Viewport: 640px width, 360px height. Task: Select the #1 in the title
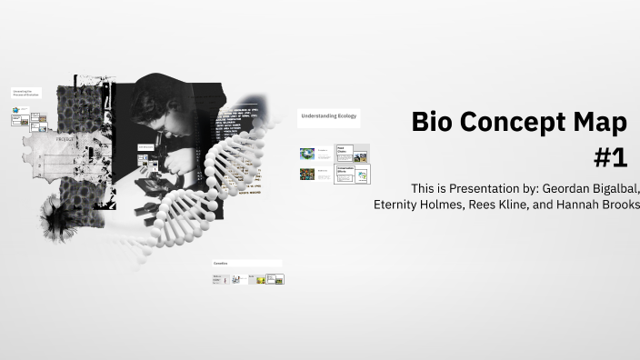tap(611, 157)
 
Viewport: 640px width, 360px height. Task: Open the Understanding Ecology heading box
tap(328, 117)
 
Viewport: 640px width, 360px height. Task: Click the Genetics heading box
tap(246, 264)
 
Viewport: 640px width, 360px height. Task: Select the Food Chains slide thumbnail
tap(352, 153)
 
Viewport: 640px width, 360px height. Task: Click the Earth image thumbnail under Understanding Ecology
tap(307, 154)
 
